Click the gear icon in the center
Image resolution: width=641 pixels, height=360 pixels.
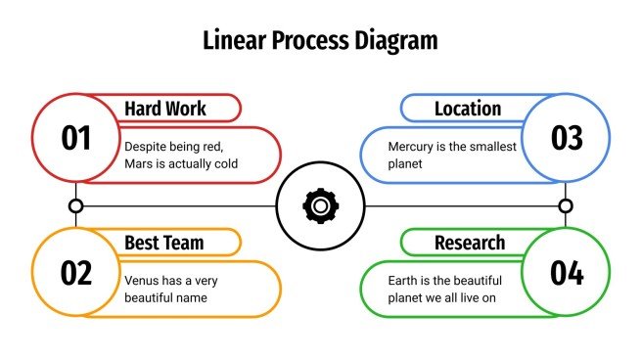(319, 205)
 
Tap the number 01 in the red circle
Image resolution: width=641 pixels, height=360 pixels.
(75, 139)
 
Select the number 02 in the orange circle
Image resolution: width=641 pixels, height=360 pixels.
(75, 273)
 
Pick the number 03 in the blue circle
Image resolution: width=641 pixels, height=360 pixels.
(567, 139)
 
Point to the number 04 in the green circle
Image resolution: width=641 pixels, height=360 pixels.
(567, 273)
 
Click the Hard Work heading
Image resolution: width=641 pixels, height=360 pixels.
(165, 109)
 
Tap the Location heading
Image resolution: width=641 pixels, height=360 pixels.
(468, 109)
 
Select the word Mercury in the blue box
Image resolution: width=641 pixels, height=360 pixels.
(411, 146)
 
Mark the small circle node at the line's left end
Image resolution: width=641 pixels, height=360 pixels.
(75, 205)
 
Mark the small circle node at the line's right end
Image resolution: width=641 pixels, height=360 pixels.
(565, 205)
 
